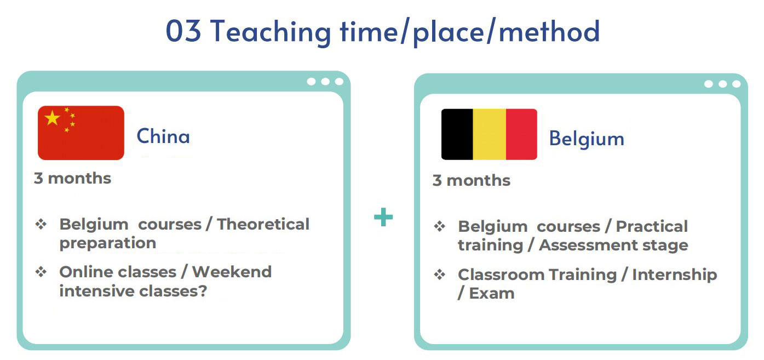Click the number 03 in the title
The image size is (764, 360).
183,31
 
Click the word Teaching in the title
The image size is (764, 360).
271,32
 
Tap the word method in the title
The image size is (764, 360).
549,31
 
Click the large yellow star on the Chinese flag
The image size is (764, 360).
52,118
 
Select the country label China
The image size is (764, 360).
163,136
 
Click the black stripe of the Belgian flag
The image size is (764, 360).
457,134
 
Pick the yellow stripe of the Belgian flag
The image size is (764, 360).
490,134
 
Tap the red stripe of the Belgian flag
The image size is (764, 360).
521,134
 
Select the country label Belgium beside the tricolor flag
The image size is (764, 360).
587,139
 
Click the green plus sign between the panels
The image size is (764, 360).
383,217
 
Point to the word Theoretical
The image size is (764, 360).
263,224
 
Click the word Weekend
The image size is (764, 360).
232,272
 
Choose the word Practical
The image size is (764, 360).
652,226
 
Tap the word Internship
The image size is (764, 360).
675,275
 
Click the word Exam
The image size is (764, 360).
492,293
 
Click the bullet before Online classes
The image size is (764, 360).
41,272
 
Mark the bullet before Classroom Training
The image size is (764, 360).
440,275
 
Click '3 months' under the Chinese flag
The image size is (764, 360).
72,178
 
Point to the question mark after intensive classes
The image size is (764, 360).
203,291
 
